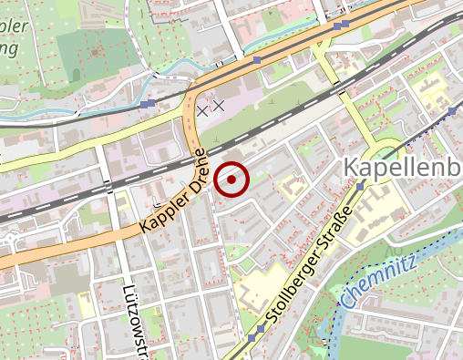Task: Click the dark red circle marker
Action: coord(233,180)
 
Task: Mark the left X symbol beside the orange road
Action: coord(201,110)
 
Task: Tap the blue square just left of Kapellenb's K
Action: coord(361,186)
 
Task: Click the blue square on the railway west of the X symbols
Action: coord(148,104)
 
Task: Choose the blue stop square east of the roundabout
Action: coord(450,110)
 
